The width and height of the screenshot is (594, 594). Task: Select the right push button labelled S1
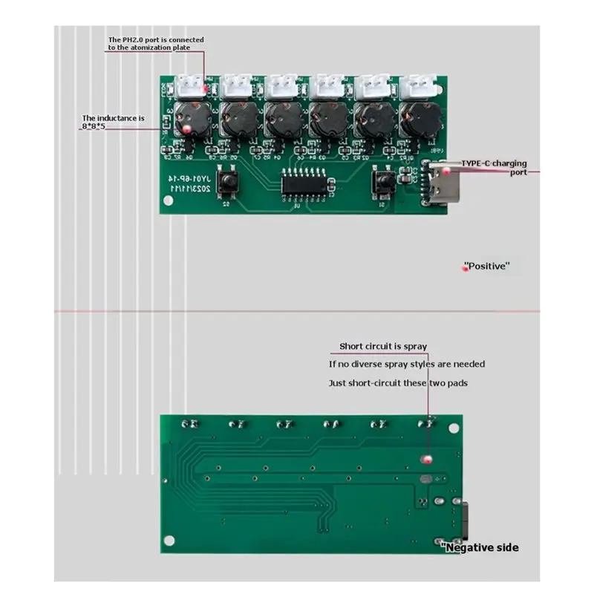[385, 180]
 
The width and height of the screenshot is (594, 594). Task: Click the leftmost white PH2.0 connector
[192, 88]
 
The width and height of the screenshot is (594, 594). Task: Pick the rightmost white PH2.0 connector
[415, 88]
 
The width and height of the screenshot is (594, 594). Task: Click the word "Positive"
[487, 266]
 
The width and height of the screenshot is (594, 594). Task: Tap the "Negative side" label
[481, 548]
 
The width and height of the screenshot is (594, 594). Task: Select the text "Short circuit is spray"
[383, 347]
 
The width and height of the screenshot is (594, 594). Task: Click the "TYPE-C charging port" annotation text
[494, 166]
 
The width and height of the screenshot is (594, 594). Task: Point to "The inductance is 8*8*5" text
[113, 123]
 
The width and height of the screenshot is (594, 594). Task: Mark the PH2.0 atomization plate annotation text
[156, 44]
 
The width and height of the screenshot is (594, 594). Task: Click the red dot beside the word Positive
[466, 268]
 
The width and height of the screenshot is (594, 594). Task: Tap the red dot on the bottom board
[426, 460]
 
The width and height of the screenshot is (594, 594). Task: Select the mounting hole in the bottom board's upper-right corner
[448, 427]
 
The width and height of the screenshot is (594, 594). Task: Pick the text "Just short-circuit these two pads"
[398, 383]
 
